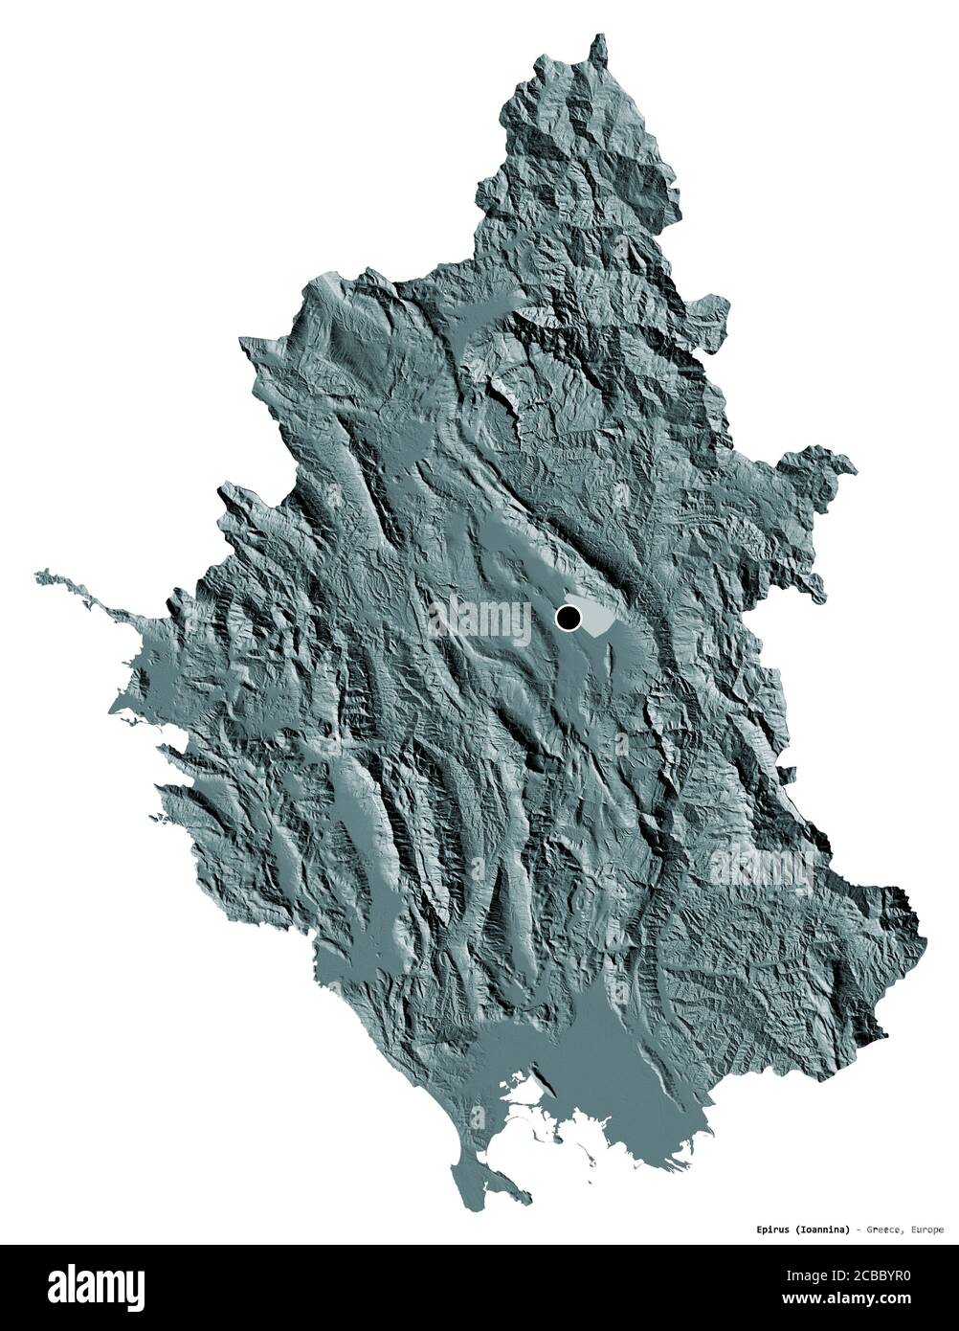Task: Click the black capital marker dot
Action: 569,619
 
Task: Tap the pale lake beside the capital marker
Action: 596,622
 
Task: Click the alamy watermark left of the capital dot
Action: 479,621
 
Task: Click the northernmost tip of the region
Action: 601,36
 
